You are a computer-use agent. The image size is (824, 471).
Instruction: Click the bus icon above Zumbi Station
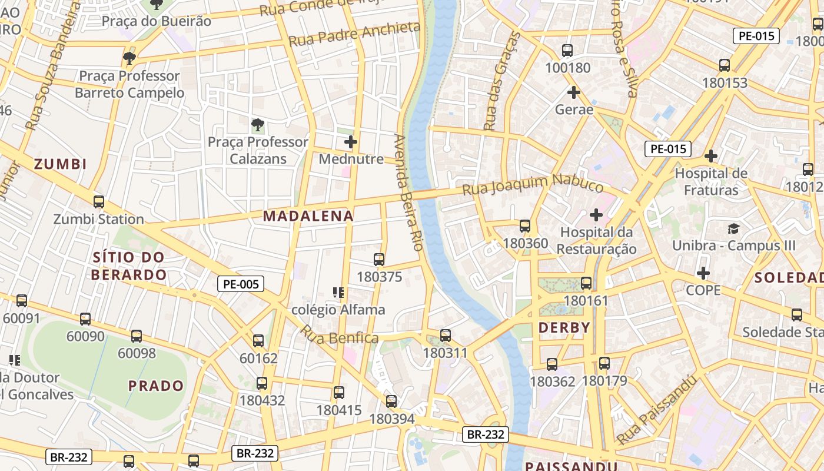[99, 202]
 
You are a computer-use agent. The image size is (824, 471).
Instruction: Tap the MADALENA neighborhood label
[308, 216]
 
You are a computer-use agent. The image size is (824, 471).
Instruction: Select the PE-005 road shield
[241, 284]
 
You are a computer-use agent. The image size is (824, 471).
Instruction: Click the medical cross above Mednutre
[351, 142]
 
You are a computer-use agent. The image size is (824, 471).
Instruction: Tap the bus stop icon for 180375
[379, 260]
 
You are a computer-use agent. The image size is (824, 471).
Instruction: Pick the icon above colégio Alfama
[338, 293]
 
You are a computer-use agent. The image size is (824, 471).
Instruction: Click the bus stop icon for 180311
[446, 336]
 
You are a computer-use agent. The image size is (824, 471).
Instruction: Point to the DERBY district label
[564, 328]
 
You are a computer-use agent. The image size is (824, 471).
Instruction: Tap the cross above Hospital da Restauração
[596, 215]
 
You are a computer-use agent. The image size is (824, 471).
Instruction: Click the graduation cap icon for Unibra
[733, 228]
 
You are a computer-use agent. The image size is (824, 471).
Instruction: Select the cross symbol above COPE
[703, 273]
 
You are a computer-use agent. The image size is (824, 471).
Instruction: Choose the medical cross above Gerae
[574, 92]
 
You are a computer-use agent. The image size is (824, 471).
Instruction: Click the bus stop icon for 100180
[567, 51]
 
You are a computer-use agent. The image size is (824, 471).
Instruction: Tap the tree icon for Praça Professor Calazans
[257, 125]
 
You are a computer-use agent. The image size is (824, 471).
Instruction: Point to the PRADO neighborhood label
[156, 386]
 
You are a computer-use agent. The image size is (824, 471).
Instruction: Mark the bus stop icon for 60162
[258, 341]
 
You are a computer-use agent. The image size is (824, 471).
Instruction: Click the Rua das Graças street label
[501, 81]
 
